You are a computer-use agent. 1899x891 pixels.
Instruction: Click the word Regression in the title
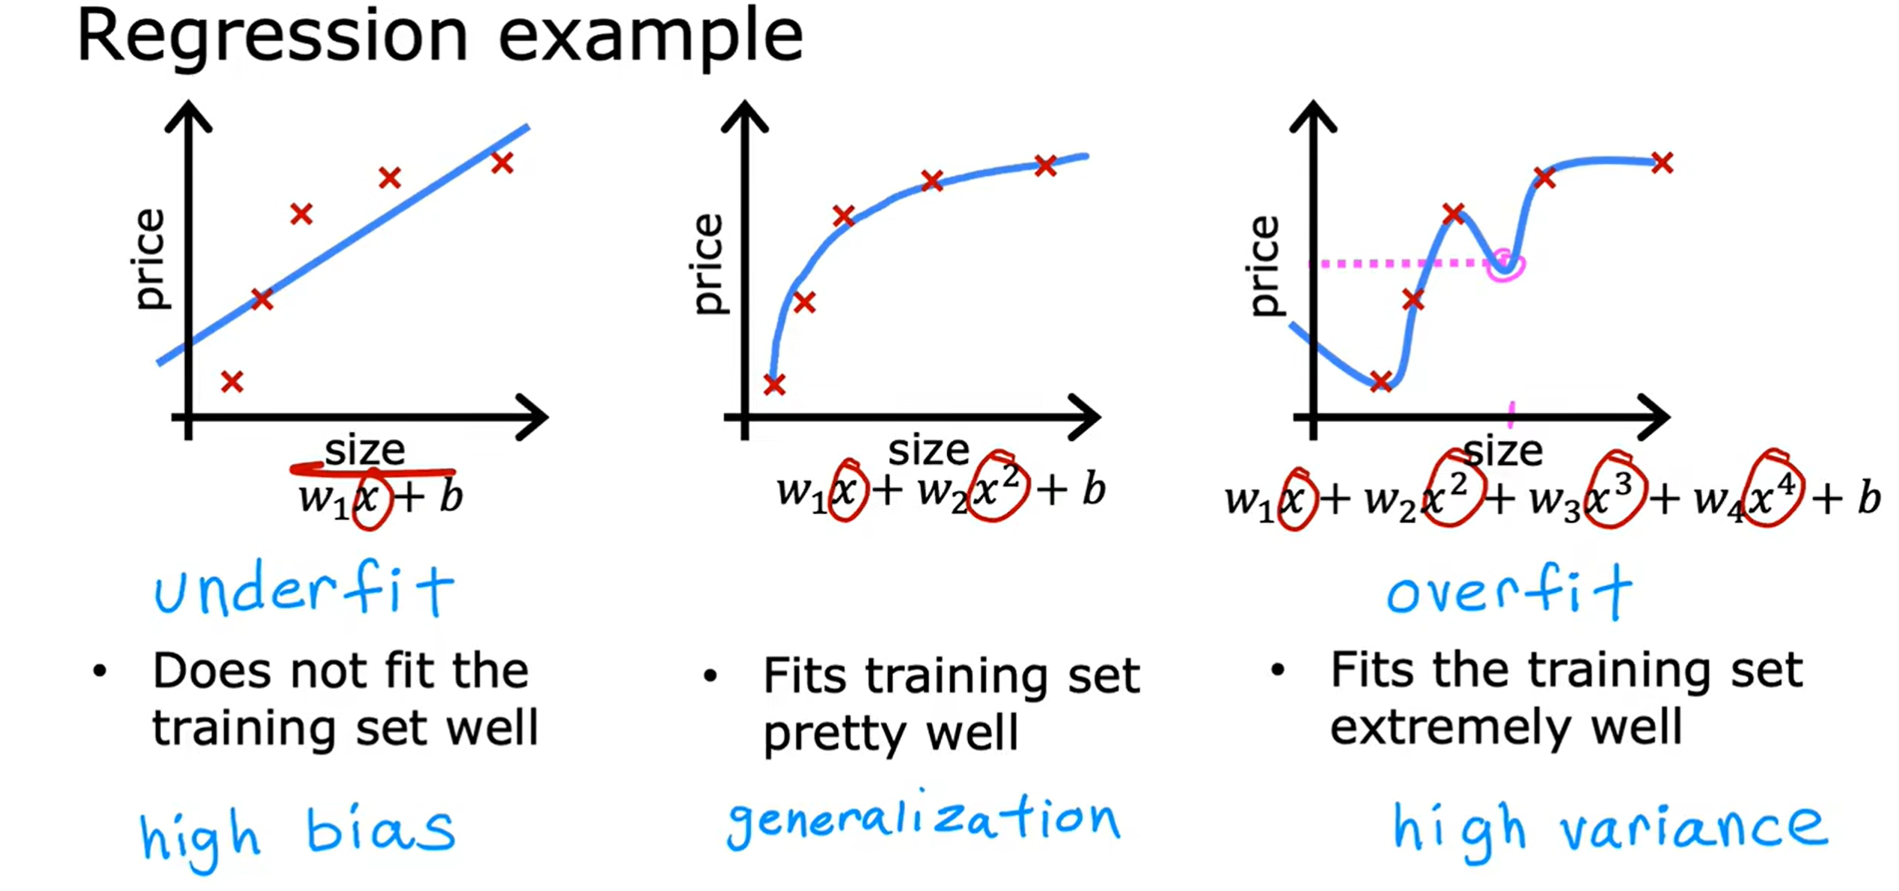point(271,38)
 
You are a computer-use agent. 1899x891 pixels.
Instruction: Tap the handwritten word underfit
point(304,591)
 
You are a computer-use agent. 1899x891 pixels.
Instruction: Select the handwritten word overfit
point(1509,593)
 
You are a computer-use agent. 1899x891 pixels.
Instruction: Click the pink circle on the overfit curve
point(1505,265)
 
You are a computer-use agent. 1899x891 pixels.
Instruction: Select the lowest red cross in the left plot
point(232,382)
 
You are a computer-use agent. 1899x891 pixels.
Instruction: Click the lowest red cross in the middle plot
point(774,385)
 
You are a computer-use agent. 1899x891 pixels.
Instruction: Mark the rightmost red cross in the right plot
point(1662,163)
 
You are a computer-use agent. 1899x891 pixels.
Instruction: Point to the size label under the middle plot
point(928,450)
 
